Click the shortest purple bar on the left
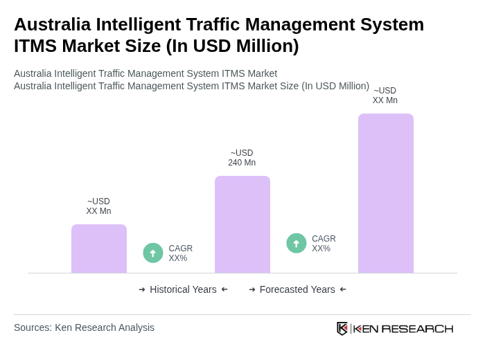[99, 249]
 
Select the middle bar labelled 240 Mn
[242, 224]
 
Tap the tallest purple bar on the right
[386, 193]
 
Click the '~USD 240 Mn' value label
[242, 158]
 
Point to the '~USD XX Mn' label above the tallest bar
[385, 96]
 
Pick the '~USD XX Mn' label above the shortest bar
[98, 206]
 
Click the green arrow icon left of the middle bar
[153, 253]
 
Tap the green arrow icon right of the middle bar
[297, 244]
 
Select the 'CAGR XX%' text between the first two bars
[180, 253]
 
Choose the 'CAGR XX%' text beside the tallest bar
[324, 244]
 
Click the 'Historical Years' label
[183, 289]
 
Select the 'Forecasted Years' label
[297, 289]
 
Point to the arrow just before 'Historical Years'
[142, 289]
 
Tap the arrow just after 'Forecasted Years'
[343, 289]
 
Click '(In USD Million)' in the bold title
[232, 46]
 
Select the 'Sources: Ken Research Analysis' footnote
[84, 327]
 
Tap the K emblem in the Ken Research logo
[342, 328]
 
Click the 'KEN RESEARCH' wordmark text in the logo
[403, 328]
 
